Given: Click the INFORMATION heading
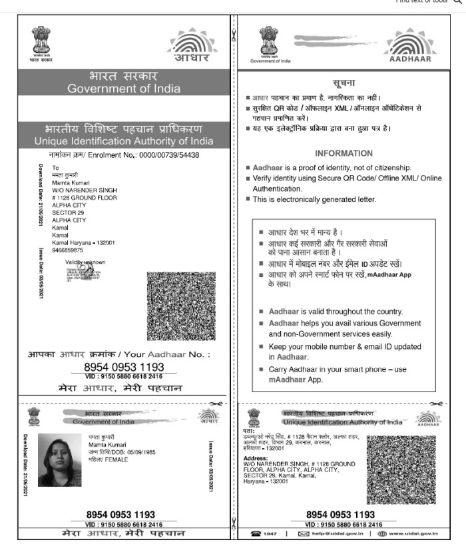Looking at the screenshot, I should click(344, 153).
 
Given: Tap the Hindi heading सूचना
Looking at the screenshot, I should click(343, 83).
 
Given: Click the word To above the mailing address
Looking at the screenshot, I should click(56, 167).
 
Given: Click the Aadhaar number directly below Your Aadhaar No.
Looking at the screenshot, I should click(124, 367).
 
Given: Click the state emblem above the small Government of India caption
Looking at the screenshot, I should click(270, 41).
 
